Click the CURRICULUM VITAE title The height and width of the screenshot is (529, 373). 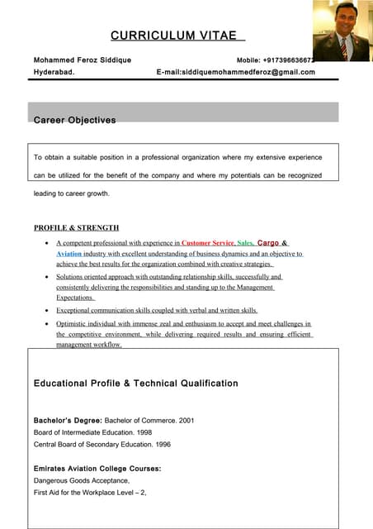click(177, 35)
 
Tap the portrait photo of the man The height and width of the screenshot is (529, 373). click(341, 31)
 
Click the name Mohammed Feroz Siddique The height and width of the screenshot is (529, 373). click(83, 60)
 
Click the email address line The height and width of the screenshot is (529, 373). click(236, 72)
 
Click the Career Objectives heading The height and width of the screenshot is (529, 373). click(74, 121)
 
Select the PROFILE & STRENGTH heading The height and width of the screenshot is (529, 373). click(76, 227)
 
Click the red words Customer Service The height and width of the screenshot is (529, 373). click(208, 243)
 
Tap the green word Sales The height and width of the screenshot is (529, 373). click(245, 243)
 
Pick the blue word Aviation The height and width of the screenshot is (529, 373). click(68, 254)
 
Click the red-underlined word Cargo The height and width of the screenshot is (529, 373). click(268, 243)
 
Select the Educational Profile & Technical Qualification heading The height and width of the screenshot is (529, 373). click(136, 384)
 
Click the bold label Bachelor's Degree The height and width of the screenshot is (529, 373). click(68, 421)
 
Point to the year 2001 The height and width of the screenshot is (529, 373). click(186, 421)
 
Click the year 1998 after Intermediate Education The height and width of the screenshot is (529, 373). click(143, 432)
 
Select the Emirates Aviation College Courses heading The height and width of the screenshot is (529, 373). click(97, 469)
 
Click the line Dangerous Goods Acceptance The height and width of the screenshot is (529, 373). click(82, 480)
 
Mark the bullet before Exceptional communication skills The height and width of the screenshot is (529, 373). click(45, 310)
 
